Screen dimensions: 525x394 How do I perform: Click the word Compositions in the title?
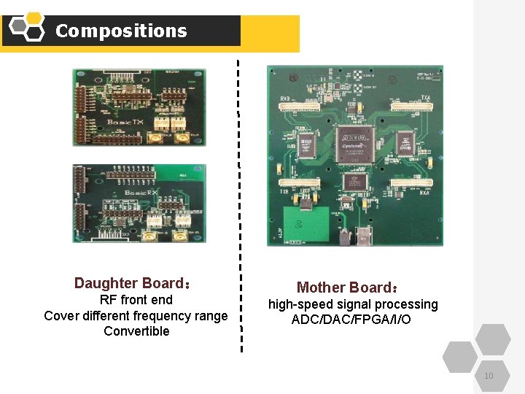pos(121,31)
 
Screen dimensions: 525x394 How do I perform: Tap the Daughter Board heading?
pos(133,283)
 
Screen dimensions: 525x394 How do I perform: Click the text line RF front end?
pos(136,300)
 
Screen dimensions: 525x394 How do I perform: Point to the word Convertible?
pos(136,331)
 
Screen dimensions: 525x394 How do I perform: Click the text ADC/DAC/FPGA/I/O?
pos(352,320)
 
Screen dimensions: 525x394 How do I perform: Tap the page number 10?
pos(488,376)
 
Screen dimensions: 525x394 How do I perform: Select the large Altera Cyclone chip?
pos(355,142)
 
